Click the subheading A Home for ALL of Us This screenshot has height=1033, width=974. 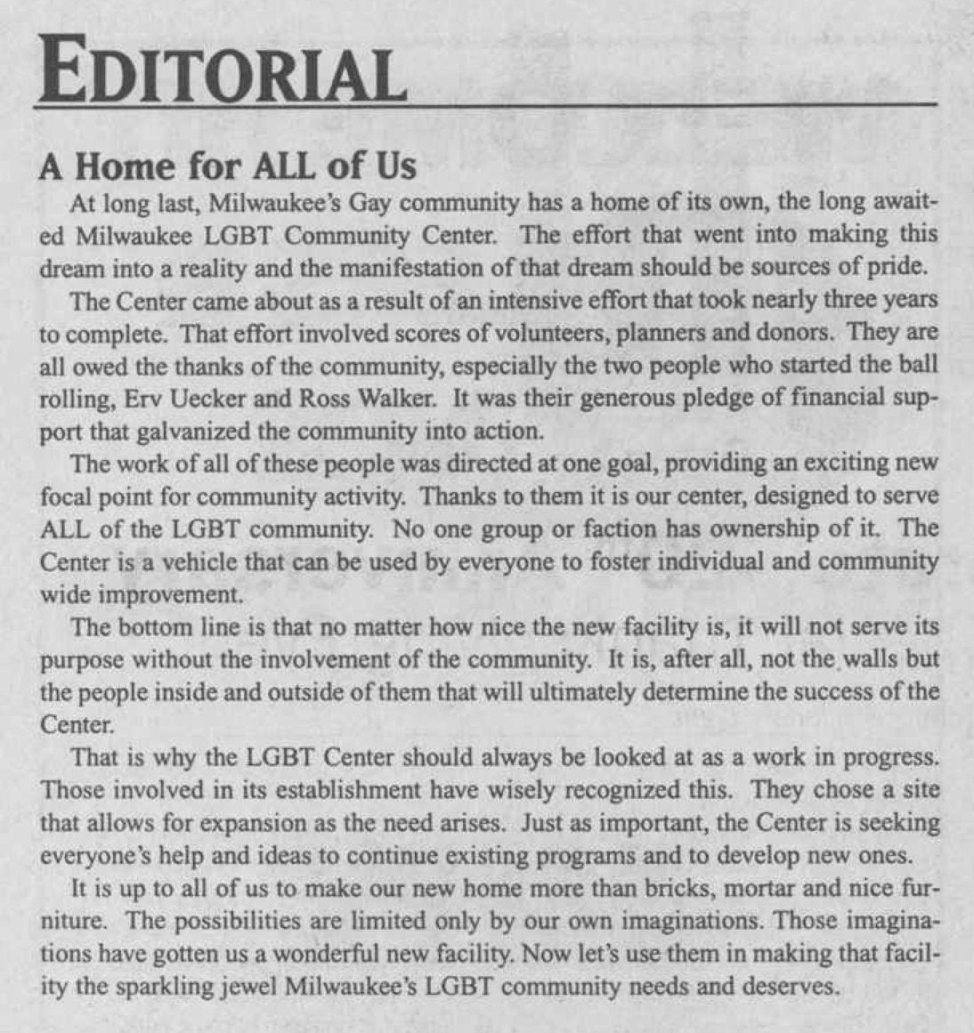[x=227, y=166]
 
